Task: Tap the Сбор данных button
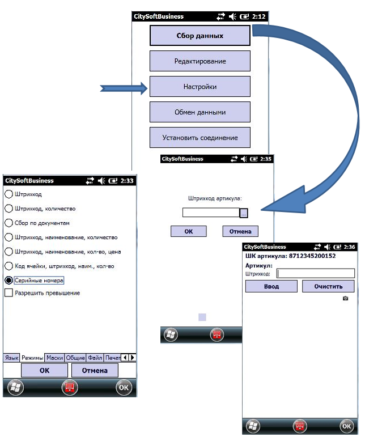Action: pyautogui.click(x=200, y=36)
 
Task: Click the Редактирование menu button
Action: pyautogui.click(x=200, y=61)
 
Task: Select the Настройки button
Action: pyautogui.click(x=200, y=87)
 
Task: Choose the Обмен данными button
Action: pyautogui.click(x=200, y=112)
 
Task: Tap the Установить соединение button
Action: pyautogui.click(x=200, y=138)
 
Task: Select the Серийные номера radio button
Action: pyautogui.click(x=9, y=281)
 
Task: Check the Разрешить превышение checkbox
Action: pyautogui.click(x=9, y=292)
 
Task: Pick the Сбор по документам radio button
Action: pyautogui.click(x=9, y=223)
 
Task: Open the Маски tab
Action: pyautogui.click(x=54, y=358)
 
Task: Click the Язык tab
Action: pyautogui.click(x=11, y=358)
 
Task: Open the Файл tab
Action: pyautogui.click(x=95, y=358)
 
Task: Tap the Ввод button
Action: pyautogui.click(x=271, y=286)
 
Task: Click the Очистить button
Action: pyautogui.click(x=328, y=286)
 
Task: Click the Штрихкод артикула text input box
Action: pyautogui.click(x=211, y=213)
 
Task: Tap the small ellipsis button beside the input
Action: pyautogui.click(x=244, y=213)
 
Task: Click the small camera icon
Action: pyautogui.click(x=346, y=298)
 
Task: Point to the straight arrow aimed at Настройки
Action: pyautogui.click(x=124, y=88)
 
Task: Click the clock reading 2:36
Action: pyautogui.click(x=349, y=247)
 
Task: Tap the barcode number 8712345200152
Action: pyautogui.click(x=312, y=256)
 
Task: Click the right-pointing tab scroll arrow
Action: pyautogui.click(x=133, y=358)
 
